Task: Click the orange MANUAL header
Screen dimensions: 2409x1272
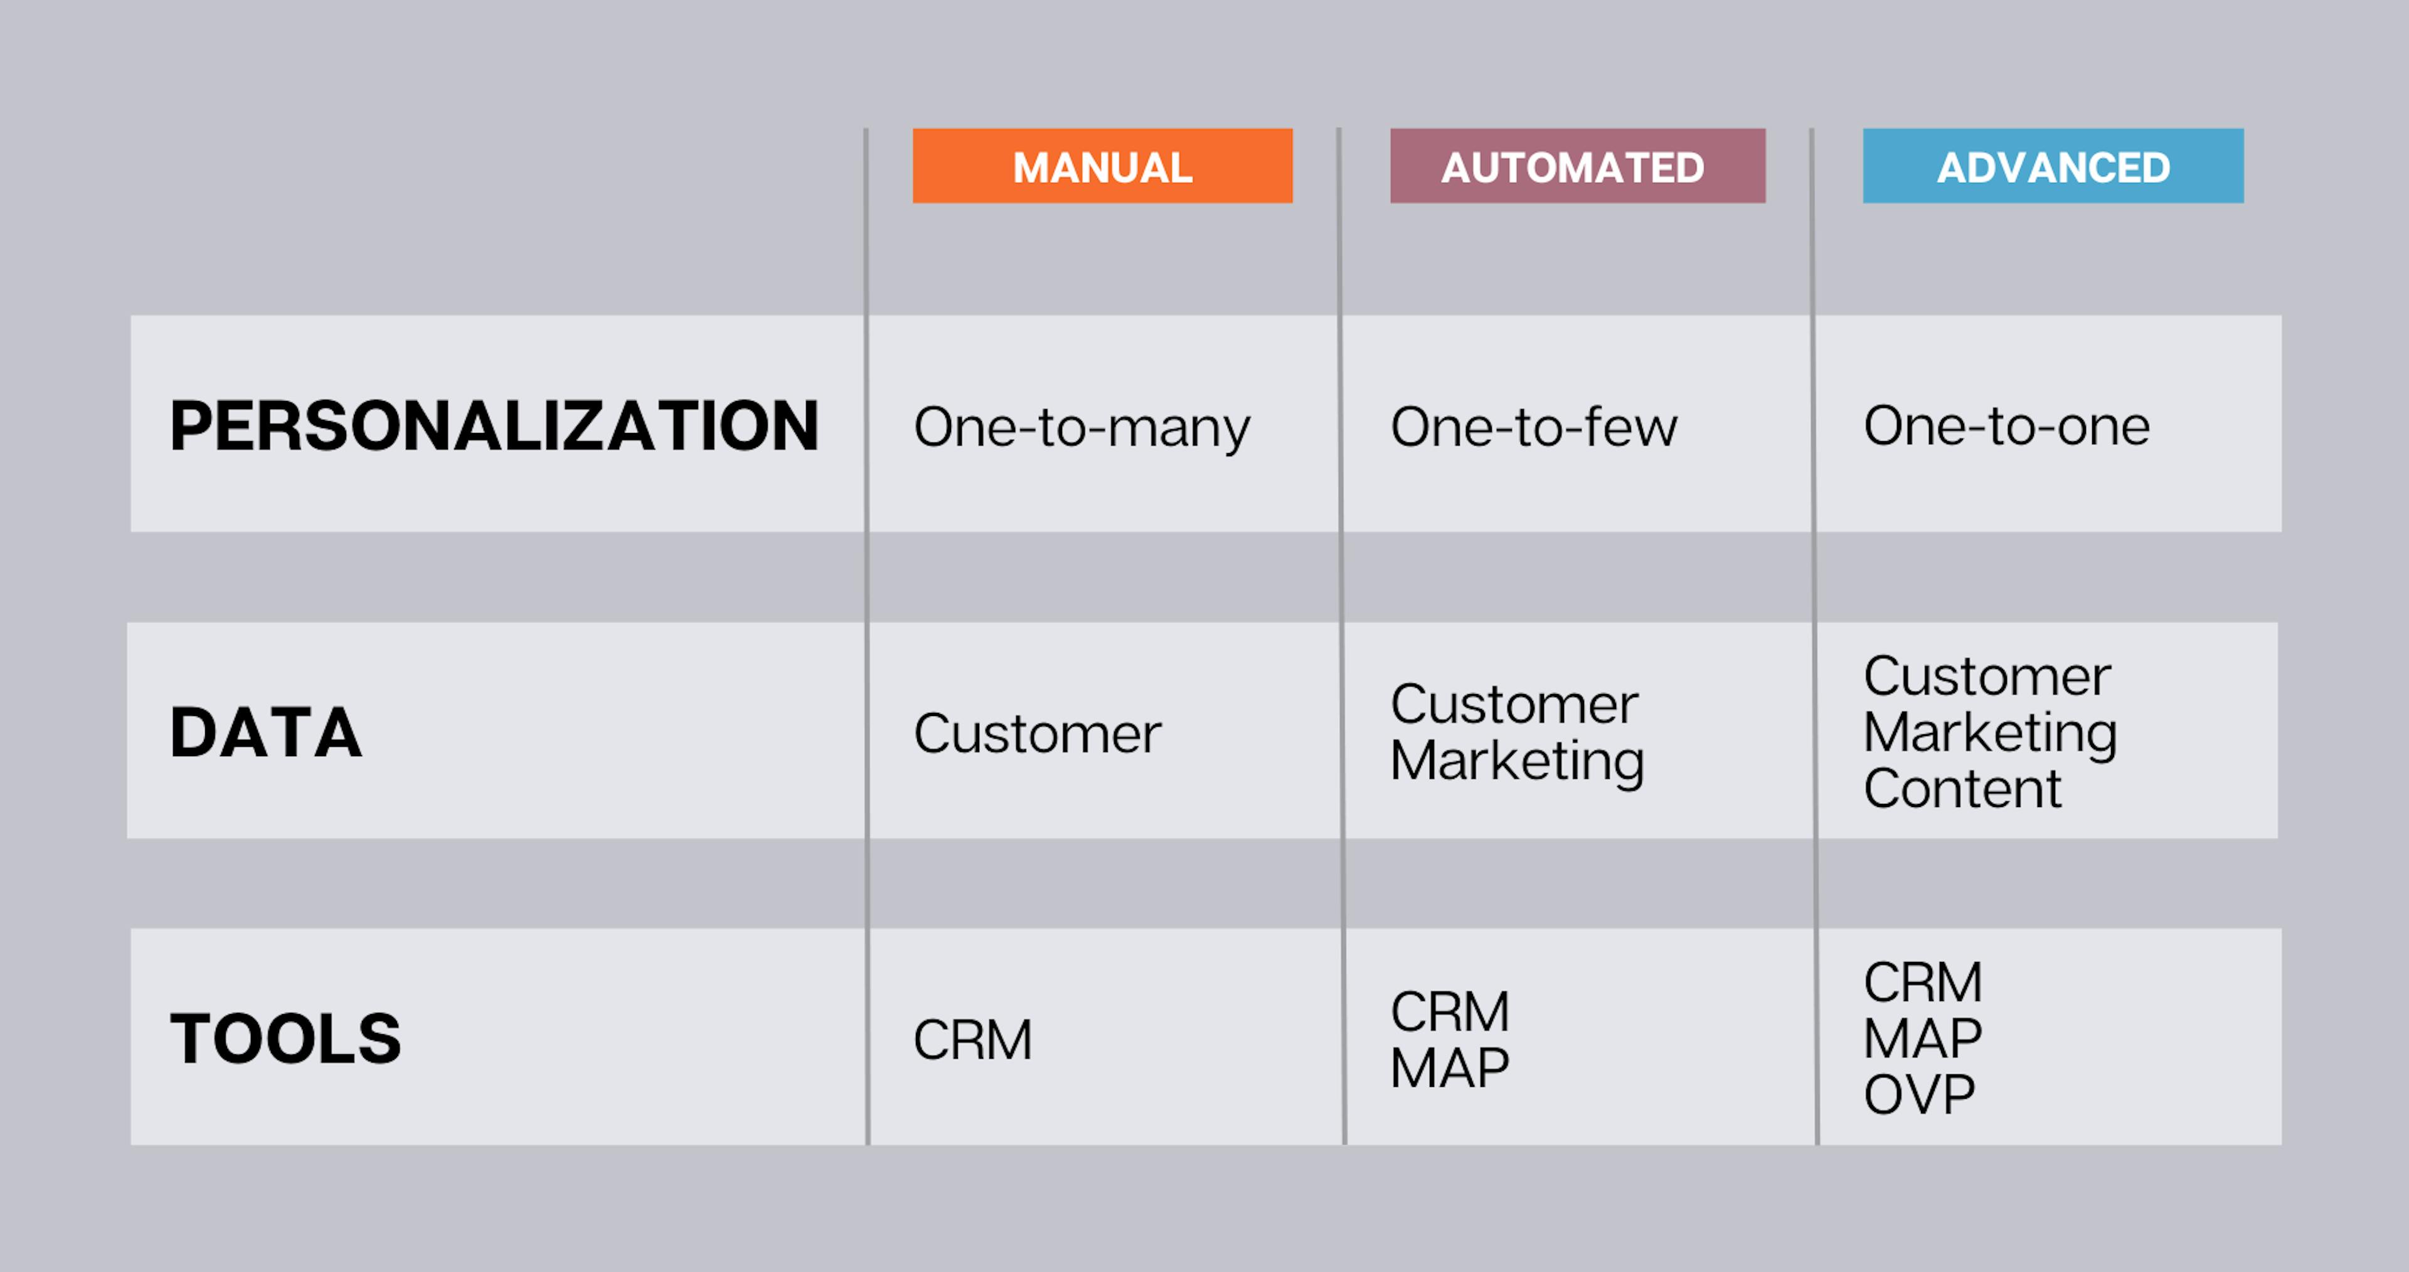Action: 1103,166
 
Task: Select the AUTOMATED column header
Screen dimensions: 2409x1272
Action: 1578,166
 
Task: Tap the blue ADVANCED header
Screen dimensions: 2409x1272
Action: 2053,166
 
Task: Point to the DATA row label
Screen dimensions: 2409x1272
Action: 265,732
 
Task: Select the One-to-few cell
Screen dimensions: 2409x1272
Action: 1534,427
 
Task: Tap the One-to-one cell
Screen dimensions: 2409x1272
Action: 2007,427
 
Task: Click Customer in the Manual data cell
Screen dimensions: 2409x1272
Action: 1037,734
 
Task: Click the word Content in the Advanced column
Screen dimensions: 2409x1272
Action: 1962,788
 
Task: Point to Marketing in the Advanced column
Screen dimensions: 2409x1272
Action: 1990,734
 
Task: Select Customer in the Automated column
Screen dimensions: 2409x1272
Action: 1514,704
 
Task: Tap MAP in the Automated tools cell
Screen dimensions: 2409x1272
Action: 1450,1068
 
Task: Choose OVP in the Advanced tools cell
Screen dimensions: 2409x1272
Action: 1919,1095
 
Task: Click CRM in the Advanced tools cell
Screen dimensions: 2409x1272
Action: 1923,983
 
